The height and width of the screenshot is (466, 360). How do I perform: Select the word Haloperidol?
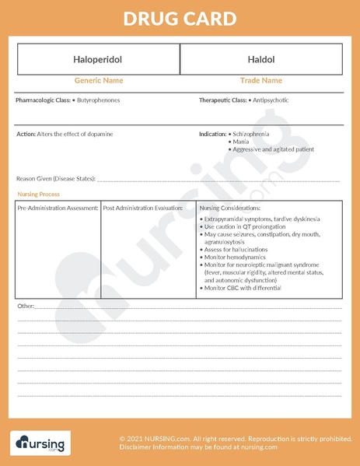tap(98, 59)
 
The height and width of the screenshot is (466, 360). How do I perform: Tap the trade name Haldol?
tap(261, 59)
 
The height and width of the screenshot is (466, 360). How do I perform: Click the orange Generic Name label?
tap(98, 80)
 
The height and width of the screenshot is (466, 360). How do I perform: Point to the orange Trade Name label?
tap(261, 80)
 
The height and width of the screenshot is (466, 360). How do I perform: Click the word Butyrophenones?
tap(99, 100)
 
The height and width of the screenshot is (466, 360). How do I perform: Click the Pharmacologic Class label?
tap(44, 100)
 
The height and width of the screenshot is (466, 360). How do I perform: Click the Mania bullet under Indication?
tap(243, 142)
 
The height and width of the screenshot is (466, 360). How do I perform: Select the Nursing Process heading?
tap(38, 194)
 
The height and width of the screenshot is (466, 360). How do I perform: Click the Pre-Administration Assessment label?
tap(58, 208)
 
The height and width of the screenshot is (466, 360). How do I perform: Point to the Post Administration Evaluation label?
tap(143, 208)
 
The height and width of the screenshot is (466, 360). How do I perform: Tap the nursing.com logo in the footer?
tap(39, 443)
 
